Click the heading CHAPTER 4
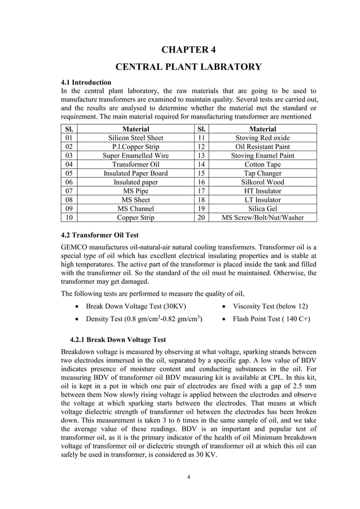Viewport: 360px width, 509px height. [188, 49]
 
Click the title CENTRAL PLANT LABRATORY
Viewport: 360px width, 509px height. [188, 67]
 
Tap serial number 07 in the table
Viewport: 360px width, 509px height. [69, 191]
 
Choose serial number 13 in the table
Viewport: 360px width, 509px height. [200, 155]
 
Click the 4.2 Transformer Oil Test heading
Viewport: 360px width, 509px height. [99, 235]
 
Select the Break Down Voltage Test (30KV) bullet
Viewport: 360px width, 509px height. [135, 306]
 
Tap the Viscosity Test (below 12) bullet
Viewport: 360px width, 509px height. [270, 306]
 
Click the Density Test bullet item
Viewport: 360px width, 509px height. [144, 319]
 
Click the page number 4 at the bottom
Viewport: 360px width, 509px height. [188, 477]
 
